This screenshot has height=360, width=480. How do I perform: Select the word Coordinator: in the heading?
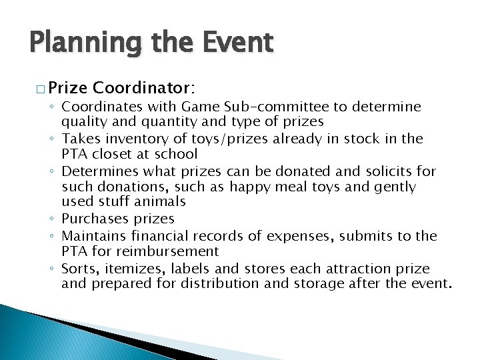coord(145,87)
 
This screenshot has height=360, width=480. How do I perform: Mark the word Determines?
coord(95,171)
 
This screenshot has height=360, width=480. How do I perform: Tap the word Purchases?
coord(90,219)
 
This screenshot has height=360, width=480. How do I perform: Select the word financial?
coord(160,236)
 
